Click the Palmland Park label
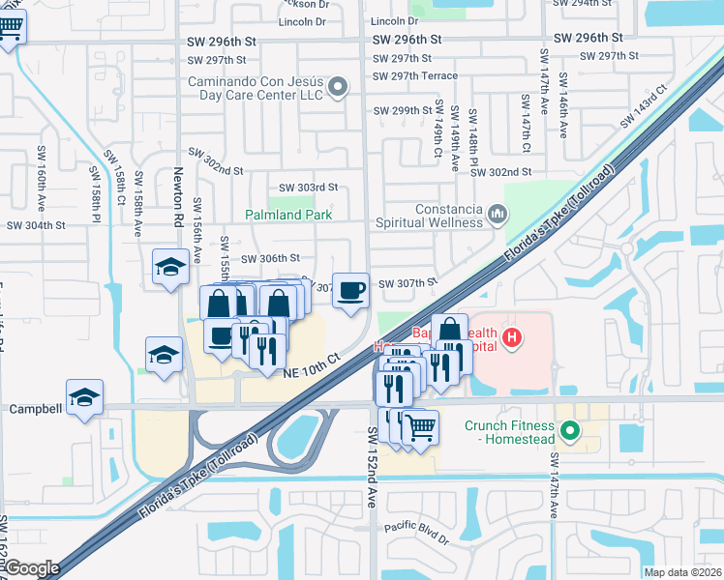288,215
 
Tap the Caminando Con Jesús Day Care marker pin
338,88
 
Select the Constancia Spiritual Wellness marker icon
498,212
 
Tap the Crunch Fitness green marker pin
570,431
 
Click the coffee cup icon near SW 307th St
350,289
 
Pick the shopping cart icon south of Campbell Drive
419,425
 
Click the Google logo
33,569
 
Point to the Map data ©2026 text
682,572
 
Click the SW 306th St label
271,258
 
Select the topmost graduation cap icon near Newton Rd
170,266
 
